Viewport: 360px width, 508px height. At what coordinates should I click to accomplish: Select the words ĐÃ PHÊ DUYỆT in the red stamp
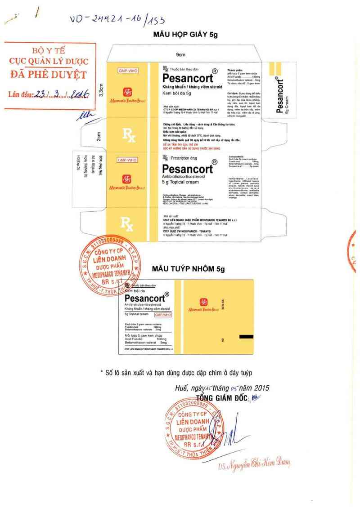coord(49,74)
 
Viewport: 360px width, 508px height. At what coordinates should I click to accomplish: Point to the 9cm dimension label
coord(181,54)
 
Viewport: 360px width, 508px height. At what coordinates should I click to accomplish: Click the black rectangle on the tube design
coord(246,336)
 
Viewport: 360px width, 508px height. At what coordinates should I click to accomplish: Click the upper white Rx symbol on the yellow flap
coord(129,134)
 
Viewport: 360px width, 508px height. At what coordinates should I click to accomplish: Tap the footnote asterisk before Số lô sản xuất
coord(102,373)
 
